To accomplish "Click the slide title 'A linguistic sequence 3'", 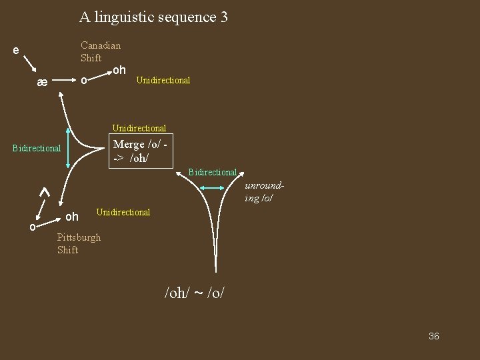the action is (x=153, y=17).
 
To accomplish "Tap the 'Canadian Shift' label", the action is (x=100, y=51).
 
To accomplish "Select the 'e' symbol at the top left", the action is (x=16, y=50).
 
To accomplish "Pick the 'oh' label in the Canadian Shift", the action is (x=119, y=69).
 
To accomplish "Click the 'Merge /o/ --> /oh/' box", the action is (x=141, y=151).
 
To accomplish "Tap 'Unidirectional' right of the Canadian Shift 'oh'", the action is (x=163, y=80).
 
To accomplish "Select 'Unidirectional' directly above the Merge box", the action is (x=139, y=128).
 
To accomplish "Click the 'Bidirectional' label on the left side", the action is (x=37, y=148).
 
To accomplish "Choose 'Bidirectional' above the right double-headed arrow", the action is (x=212, y=172).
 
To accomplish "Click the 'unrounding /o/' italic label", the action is (x=259, y=192).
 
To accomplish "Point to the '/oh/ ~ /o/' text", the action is (x=194, y=291).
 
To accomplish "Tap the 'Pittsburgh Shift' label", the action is (x=79, y=243).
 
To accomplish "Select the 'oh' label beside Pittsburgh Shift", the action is (x=72, y=217).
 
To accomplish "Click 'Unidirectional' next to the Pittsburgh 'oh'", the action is (x=123, y=212).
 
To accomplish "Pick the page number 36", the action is (x=433, y=336).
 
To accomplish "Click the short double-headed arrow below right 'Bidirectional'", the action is (x=214, y=189).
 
